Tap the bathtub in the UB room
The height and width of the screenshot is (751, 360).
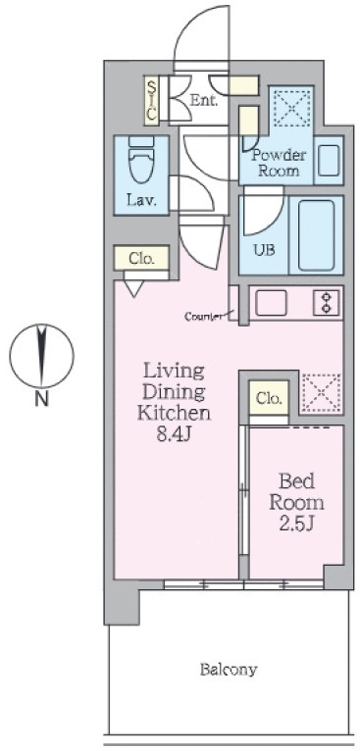point(316,235)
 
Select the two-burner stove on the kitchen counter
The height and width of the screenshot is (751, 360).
point(326,303)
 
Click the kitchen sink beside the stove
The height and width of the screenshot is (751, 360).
point(271,303)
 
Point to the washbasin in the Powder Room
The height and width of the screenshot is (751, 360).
point(329,160)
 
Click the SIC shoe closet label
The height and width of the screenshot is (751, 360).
point(152,101)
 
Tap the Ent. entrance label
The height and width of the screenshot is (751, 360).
point(204,101)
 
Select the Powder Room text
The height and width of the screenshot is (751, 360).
point(279,163)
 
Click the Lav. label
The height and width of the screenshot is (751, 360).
point(142,201)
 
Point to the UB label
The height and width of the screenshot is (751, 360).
point(264,250)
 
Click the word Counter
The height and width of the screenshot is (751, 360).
point(203,316)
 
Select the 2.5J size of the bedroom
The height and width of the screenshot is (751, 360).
point(296,524)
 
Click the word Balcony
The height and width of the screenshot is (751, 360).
point(229,669)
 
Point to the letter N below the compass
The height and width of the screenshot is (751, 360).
point(42,399)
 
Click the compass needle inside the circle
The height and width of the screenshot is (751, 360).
point(42,355)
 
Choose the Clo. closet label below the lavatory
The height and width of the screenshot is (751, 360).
point(142,259)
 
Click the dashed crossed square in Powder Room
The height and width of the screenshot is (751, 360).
point(291,107)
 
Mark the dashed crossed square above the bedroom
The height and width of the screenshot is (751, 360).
point(321,393)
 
